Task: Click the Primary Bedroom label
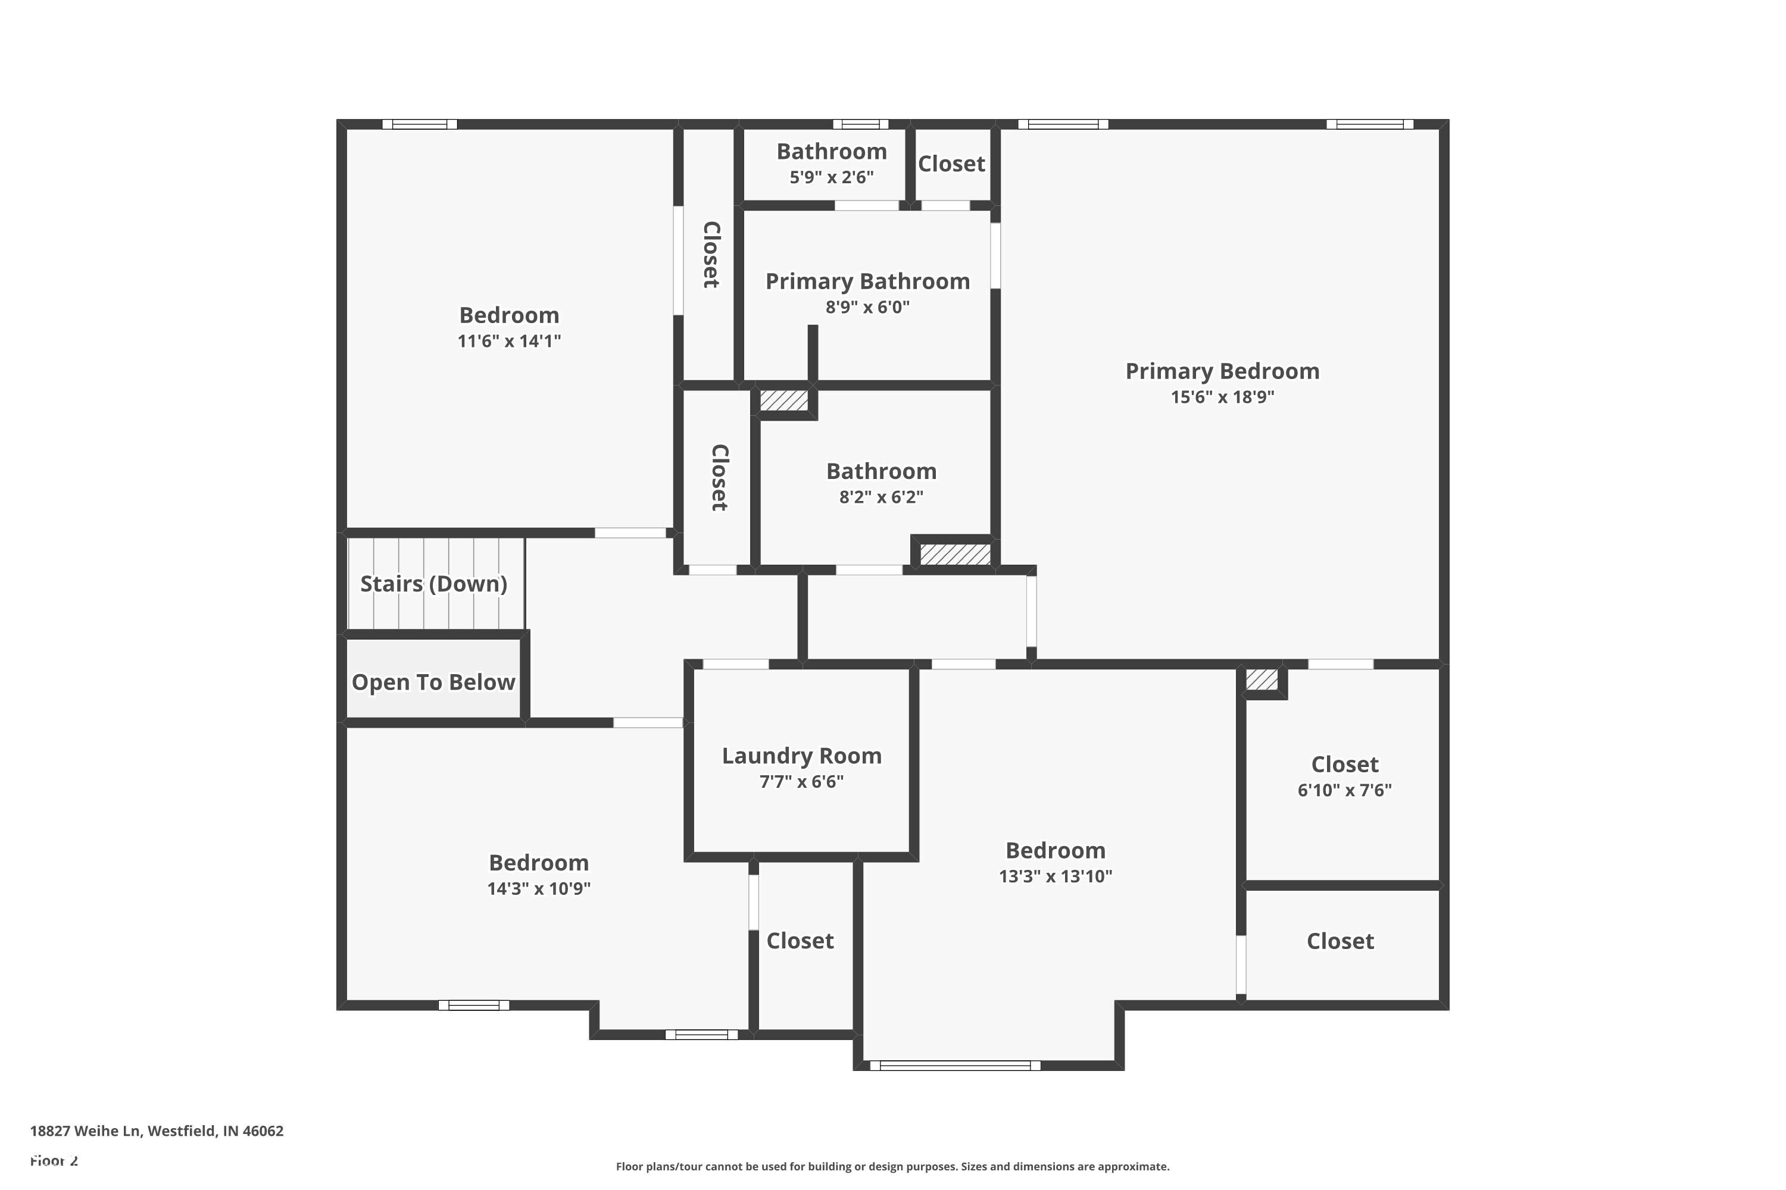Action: [1222, 371]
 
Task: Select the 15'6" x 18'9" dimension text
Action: [1222, 397]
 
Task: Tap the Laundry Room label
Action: [801, 756]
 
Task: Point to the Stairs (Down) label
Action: [433, 584]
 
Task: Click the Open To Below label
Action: [433, 682]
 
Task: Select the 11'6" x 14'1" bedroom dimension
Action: [509, 341]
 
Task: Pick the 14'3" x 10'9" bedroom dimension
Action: [538, 889]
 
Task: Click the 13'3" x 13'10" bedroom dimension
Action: [1055, 876]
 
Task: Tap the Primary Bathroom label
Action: [867, 281]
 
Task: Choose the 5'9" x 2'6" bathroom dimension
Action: [832, 177]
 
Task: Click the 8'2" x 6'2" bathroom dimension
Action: [881, 497]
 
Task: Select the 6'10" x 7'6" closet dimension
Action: [1344, 790]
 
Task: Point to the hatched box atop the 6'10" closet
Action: [1262, 679]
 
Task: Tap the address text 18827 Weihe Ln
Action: [157, 1131]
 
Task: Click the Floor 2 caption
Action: [54, 1160]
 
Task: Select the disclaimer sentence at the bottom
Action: [892, 1166]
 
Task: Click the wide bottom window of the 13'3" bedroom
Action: [954, 1066]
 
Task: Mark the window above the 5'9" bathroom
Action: [860, 124]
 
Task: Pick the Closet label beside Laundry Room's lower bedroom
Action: [800, 941]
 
